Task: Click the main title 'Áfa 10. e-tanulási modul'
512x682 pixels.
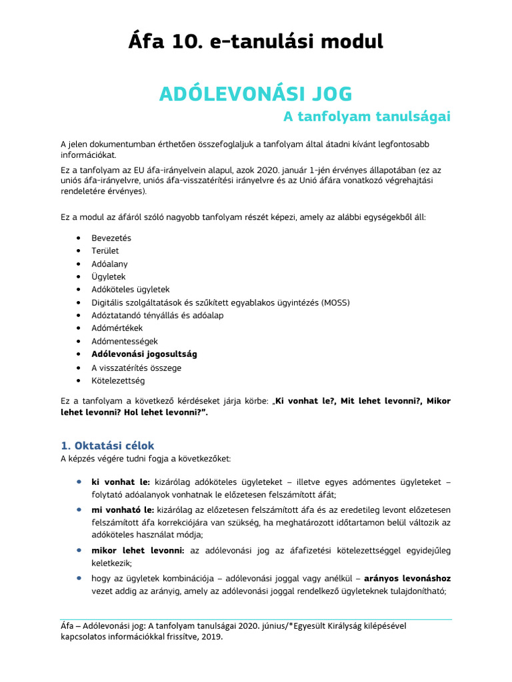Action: point(255,42)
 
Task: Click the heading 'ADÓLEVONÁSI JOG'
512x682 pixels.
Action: point(255,94)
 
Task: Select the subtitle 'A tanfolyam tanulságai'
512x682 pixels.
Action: point(367,117)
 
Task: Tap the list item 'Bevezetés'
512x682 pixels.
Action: point(111,238)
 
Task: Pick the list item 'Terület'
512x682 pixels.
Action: point(105,251)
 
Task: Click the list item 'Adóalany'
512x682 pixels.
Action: point(109,264)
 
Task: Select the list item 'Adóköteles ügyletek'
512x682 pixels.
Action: point(131,290)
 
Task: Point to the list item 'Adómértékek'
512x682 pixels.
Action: point(117,328)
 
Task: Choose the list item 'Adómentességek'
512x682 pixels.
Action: point(124,341)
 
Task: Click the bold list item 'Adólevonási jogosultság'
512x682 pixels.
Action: point(144,354)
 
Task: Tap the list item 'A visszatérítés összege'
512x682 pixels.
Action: point(137,368)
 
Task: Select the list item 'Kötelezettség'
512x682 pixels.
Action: point(118,381)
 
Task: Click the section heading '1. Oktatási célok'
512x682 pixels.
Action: point(107,446)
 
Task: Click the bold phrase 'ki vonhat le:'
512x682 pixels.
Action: point(121,482)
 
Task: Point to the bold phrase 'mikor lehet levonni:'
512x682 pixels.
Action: point(138,550)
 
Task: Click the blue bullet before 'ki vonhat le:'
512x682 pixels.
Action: point(79,481)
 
